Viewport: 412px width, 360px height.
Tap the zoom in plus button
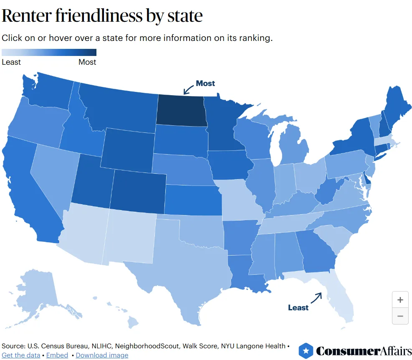[x=400, y=300]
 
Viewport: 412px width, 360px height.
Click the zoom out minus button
[x=400, y=316]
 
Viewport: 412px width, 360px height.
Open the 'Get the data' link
[x=21, y=355]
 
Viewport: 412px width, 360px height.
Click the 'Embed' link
[x=57, y=355]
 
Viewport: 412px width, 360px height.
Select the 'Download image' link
[x=102, y=355]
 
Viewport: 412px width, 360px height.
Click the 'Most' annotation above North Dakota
[x=205, y=83]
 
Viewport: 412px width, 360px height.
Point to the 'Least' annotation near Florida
[x=298, y=308]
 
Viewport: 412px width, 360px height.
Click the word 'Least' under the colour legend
[x=11, y=62]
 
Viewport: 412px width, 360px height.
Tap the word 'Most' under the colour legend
[x=87, y=62]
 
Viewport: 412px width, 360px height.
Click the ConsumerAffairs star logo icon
[x=306, y=351]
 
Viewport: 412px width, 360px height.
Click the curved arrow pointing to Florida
[x=316, y=297]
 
